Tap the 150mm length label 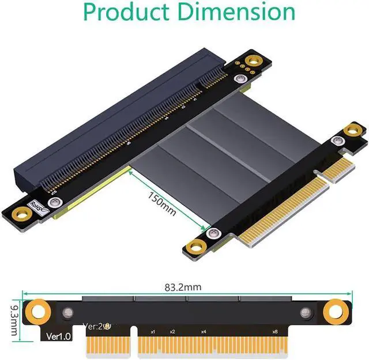(162, 204)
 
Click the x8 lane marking (274, 332)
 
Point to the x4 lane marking (204, 332)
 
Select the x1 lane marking (153, 332)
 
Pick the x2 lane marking (172, 332)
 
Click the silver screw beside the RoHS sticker (55, 202)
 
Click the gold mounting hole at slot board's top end (252, 60)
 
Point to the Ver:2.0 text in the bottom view (95, 325)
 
